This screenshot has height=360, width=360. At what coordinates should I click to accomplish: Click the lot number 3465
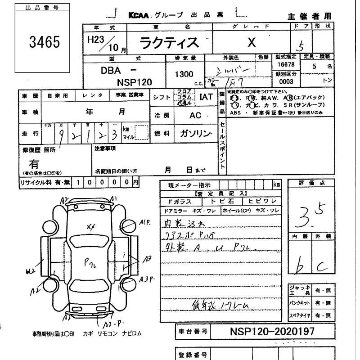coord(44,42)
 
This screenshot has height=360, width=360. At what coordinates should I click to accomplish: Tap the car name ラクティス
coord(169,43)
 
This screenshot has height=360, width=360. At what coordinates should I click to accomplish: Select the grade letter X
coord(252,42)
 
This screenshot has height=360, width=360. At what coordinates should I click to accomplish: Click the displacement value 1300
coord(184,74)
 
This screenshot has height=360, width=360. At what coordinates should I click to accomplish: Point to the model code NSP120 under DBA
coord(135,82)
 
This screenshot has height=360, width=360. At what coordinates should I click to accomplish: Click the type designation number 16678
coord(286,65)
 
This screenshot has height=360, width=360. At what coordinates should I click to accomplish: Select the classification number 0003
coord(286,82)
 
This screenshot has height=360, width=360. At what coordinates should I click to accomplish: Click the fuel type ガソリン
coord(195,134)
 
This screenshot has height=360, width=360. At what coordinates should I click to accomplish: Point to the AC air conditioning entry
coord(195,116)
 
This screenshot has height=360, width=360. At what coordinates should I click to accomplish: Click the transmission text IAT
coord(206,97)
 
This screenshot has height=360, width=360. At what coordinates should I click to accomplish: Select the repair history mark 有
coord(34,164)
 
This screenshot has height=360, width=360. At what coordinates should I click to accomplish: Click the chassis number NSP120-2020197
coord(272,332)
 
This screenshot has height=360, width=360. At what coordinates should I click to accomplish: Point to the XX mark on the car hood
coord(90,227)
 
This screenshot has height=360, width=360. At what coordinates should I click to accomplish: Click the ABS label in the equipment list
coord(235,113)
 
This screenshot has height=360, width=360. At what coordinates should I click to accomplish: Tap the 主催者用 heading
coord(310,16)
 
